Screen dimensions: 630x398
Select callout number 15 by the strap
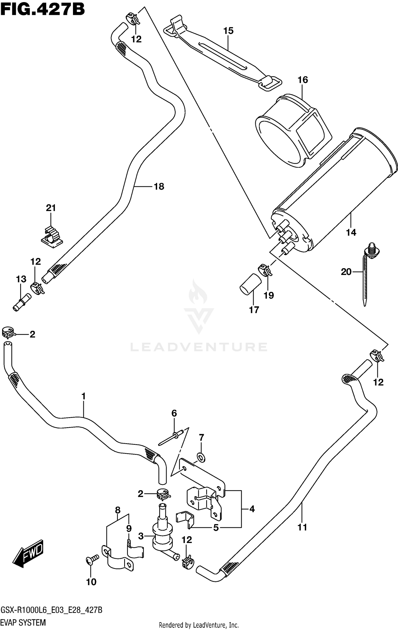(x=228, y=31)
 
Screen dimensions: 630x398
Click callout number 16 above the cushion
(x=303, y=80)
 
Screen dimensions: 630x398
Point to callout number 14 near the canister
(x=351, y=232)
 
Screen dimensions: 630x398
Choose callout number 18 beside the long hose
(x=159, y=187)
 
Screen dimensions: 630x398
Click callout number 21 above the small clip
(x=51, y=208)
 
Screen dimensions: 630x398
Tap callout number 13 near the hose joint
(x=21, y=279)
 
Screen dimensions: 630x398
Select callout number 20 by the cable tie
(x=346, y=272)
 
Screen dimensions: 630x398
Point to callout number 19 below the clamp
(x=269, y=295)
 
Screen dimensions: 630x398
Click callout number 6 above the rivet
(x=174, y=413)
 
